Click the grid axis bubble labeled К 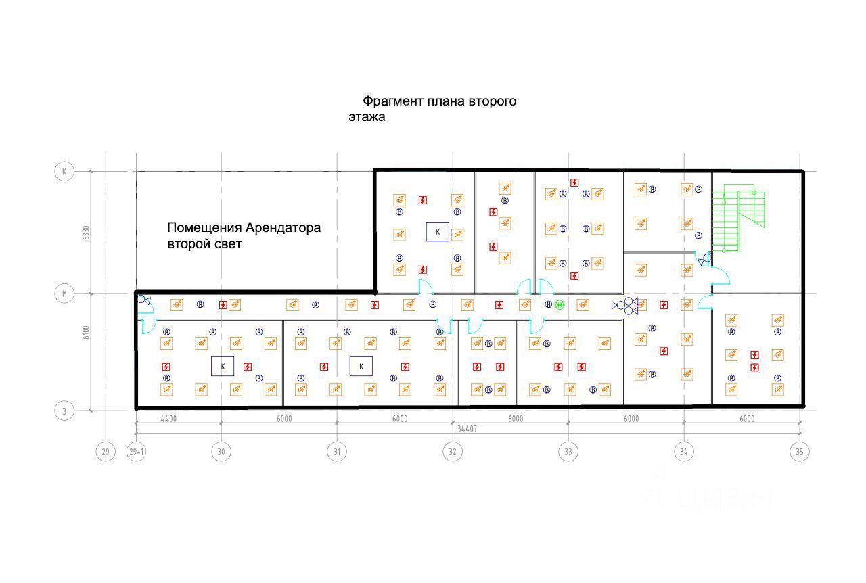point(64,172)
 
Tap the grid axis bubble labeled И point(64,294)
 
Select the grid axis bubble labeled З point(64,411)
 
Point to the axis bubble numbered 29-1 point(137,452)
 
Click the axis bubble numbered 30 point(221,452)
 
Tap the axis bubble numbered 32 point(452,452)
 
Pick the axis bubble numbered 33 point(568,452)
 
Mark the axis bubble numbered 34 point(683,452)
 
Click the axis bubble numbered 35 point(800,452)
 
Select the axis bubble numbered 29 point(105,452)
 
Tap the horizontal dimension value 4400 point(168,419)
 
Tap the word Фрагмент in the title point(392,101)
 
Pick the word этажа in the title point(367,117)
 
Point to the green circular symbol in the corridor point(560,305)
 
